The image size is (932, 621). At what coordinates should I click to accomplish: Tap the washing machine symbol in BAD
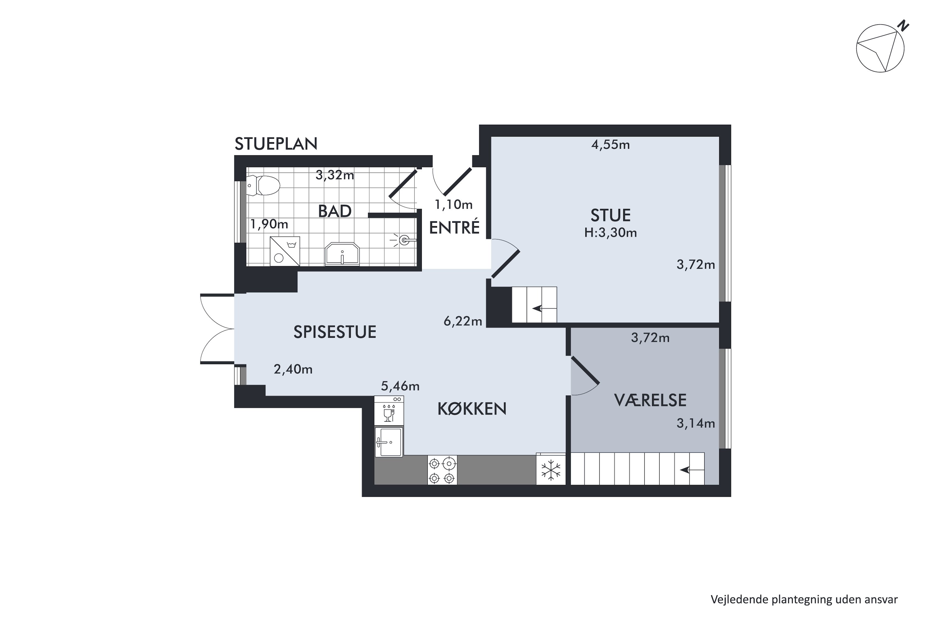(285, 251)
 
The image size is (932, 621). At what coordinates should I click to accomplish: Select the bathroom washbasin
(342, 254)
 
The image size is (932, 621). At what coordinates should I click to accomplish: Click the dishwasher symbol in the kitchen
(389, 411)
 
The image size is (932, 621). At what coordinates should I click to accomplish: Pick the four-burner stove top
(442, 470)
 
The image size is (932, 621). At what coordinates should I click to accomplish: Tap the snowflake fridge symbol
(551, 470)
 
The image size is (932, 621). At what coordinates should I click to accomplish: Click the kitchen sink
(389, 442)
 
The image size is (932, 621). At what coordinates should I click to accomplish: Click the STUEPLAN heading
(276, 144)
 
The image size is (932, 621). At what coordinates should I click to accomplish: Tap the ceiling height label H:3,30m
(611, 233)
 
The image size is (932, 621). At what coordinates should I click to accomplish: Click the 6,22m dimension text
(463, 321)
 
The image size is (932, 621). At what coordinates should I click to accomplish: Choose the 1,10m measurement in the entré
(454, 204)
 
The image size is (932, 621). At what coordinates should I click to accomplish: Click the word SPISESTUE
(335, 332)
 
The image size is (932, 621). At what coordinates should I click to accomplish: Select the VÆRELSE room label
(650, 401)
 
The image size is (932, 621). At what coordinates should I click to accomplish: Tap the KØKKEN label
(472, 409)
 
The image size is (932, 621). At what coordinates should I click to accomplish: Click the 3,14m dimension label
(696, 424)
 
